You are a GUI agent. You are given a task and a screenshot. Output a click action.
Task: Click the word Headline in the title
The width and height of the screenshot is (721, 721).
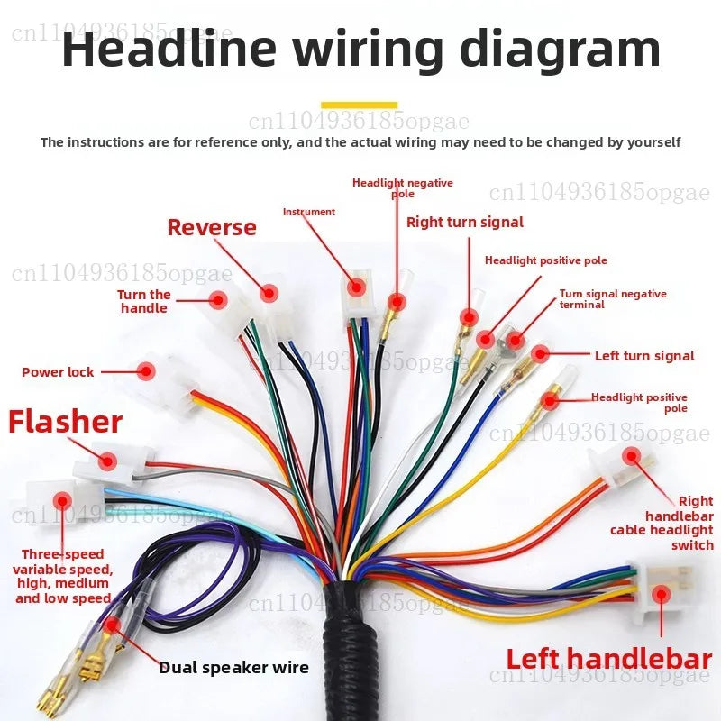point(169,49)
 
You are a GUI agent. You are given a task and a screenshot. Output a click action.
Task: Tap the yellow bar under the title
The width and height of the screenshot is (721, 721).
point(359,105)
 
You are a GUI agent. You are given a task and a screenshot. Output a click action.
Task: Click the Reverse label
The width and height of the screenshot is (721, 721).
point(212,228)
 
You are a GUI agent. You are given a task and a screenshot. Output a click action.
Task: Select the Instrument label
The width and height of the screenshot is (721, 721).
point(309,212)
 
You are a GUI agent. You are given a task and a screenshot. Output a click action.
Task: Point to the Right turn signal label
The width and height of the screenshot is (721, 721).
point(465,222)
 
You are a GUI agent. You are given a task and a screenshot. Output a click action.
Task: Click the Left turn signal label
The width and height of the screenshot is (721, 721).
point(644,356)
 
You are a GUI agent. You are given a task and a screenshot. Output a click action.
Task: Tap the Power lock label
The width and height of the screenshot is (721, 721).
point(58,372)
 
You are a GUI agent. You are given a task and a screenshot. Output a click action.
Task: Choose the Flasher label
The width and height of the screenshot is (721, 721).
point(65,422)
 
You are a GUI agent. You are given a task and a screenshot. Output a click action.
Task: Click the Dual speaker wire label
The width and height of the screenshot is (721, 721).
point(233,668)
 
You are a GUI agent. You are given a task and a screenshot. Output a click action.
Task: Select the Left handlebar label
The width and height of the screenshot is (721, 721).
point(609,659)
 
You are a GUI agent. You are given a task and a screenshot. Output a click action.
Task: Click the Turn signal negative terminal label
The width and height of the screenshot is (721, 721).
point(613,299)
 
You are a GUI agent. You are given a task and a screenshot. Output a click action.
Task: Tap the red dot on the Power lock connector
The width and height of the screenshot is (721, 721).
point(146,371)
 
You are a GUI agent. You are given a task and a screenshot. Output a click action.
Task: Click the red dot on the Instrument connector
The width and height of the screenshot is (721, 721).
point(356,287)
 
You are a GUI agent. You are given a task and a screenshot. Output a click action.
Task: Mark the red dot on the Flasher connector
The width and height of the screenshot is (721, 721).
point(107,461)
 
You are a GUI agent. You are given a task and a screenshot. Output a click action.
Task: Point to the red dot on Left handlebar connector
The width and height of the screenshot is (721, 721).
point(662,595)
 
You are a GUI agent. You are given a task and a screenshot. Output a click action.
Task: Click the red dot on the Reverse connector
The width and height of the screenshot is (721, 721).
point(269,293)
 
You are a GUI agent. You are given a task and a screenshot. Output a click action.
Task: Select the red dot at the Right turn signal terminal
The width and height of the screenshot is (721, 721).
point(469,317)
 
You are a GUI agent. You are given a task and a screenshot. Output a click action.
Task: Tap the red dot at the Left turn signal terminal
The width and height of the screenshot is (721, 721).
point(540,353)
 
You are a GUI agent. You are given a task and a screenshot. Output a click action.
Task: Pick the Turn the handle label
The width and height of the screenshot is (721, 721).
point(144,301)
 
